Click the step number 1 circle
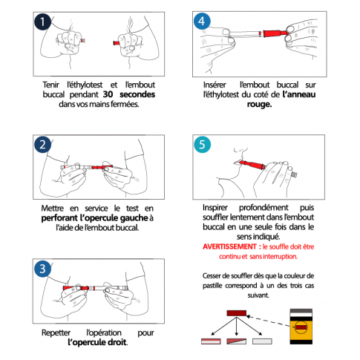pyautogui.click(x=42, y=22)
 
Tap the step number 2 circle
pyautogui.click(x=42, y=145)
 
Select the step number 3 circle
pyautogui.click(x=42, y=269)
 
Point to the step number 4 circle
pyautogui.click(x=202, y=21)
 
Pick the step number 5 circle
pyautogui.click(x=202, y=145)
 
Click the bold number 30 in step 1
pyautogui.click(x=108, y=94)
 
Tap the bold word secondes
pyautogui.click(x=137, y=94)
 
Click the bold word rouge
pyautogui.click(x=259, y=104)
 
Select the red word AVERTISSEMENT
pyautogui.click(x=229, y=246)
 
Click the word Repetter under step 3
pyautogui.click(x=56, y=333)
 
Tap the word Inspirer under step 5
pyautogui.click(x=215, y=207)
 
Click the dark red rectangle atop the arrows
pyautogui.click(x=237, y=313)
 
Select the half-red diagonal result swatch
pyautogui.click(x=237, y=341)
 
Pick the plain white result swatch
pyautogui.click(x=262, y=341)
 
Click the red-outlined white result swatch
pyautogui.click(x=211, y=341)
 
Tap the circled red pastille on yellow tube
pyautogui.click(x=301, y=327)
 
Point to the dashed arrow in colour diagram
pyautogui.click(x=268, y=321)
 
